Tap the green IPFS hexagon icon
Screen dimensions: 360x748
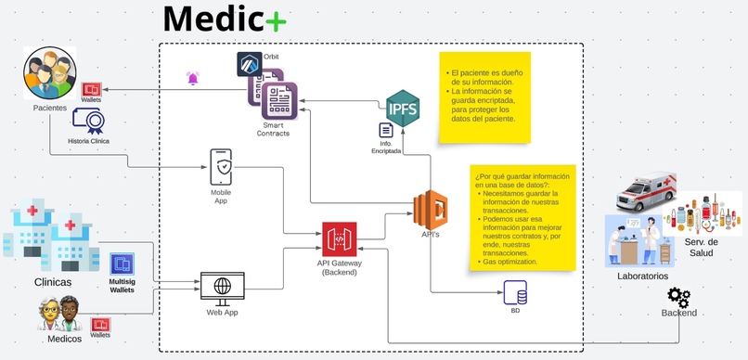pos(403,108)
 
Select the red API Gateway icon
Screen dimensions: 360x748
pos(339,238)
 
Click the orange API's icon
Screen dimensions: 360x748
pos(431,208)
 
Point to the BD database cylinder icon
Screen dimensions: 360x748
pos(515,296)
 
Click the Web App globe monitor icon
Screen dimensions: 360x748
pos(222,286)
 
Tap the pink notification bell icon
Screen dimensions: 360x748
pos(193,79)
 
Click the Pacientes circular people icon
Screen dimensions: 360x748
pos(49,73)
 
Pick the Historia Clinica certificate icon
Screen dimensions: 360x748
pos(88,121)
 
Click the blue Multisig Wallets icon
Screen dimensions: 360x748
pos(122,264)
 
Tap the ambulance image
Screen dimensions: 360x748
pos(647,191)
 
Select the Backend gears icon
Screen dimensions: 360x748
pos(678,297)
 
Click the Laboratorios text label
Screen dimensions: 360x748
pos(642,276)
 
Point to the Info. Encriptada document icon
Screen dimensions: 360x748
pos(386,131)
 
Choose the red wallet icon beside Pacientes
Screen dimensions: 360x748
pos(91,89)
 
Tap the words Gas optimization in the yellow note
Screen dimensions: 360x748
pos(510,262)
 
